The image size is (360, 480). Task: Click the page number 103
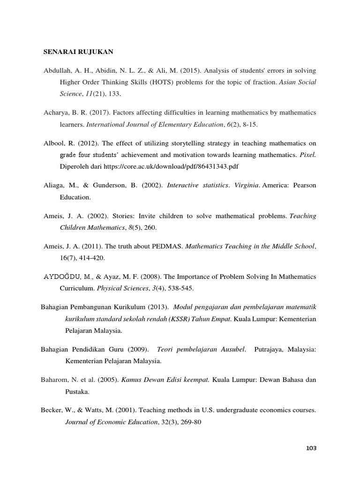click(x=311, y=448)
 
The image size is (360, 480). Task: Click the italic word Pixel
click(x=307, y=155)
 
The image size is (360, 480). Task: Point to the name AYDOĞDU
click(x=62, y=277)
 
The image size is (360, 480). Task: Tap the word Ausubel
click(x=233, y=349)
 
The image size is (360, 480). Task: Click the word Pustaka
click(x=75, y=391)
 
